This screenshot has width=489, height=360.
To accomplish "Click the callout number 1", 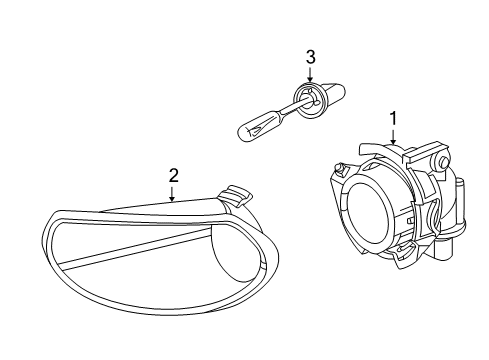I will [393, 117].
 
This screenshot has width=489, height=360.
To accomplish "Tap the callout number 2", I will [173, 176].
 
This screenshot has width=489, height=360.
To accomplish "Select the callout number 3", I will [310, 56].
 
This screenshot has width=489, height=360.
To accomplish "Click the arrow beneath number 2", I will [173, 195].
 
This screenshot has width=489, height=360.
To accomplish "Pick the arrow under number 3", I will [310, 76].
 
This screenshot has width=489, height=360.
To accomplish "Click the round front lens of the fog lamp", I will [370, 209].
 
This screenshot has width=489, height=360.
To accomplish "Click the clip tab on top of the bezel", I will [238, 192].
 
